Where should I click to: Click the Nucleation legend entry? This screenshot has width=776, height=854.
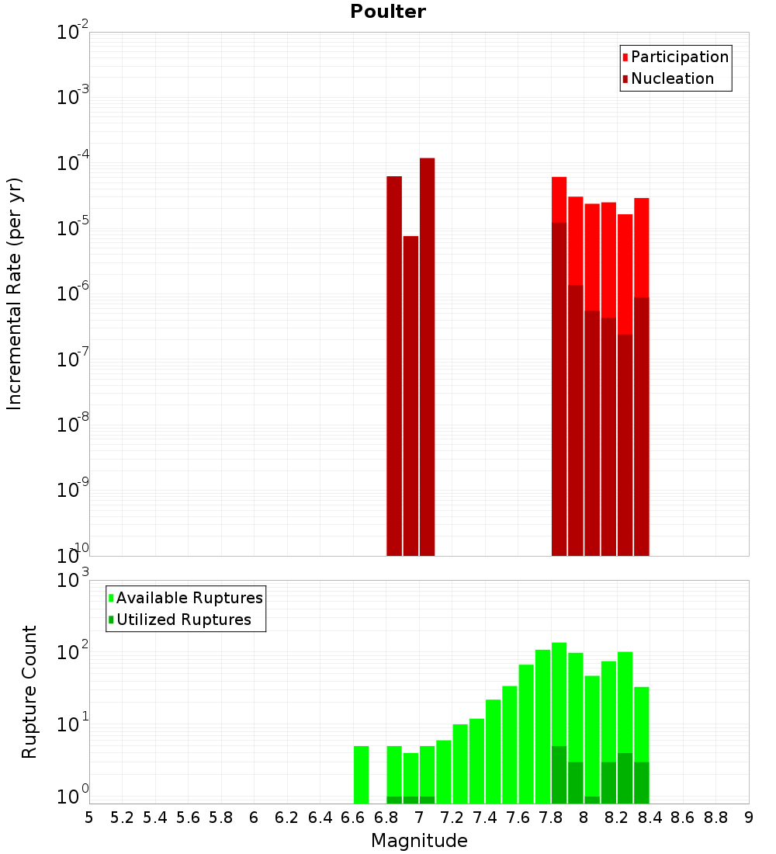point(672,78)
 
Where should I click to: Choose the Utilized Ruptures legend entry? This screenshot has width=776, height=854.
point(183,620)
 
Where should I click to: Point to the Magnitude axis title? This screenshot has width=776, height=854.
point(419,841)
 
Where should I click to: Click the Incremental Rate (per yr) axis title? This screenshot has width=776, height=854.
point(15,294)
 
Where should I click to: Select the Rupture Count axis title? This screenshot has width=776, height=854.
point(29,692)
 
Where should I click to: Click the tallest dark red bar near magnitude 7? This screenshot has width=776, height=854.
point(427,357)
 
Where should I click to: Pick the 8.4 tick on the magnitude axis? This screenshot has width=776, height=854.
point(650,818)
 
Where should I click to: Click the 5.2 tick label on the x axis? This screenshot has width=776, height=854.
point(122,818)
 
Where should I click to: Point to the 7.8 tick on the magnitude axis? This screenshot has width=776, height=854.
point(551,818)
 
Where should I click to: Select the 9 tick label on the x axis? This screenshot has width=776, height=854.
point(749,818)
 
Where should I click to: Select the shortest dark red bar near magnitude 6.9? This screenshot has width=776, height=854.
point(411,396)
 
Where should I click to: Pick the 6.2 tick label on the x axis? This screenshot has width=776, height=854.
point(286,818)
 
